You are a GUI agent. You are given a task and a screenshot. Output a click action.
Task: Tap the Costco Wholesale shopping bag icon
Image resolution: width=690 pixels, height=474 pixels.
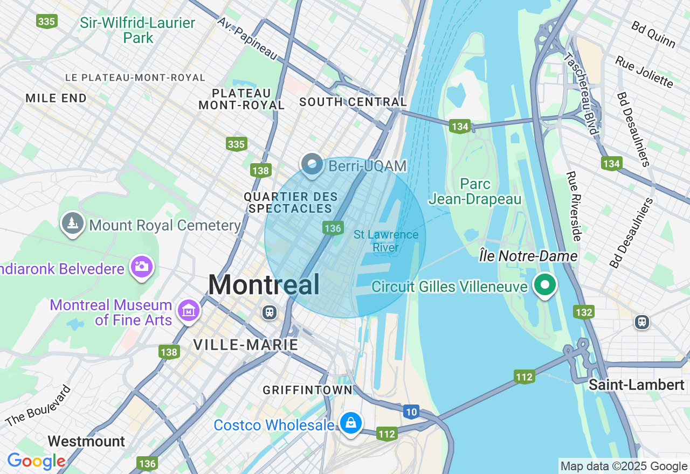point(351,423)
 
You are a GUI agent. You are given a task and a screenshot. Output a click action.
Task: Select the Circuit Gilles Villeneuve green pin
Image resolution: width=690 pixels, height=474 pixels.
point(545,284)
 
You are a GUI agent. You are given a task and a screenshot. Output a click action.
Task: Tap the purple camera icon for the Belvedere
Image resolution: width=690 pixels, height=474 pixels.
point(142,267)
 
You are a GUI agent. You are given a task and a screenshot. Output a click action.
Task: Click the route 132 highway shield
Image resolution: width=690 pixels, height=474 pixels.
point(584,312)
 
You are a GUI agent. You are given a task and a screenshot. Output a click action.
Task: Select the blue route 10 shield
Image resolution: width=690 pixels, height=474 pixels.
point(411,413)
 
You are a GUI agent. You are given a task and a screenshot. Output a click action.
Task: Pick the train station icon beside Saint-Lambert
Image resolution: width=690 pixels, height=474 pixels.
point(641,322)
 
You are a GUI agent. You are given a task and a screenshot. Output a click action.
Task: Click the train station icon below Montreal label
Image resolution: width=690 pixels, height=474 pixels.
point(268,312)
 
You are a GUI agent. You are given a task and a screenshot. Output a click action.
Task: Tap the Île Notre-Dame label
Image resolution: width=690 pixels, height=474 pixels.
point(528,256)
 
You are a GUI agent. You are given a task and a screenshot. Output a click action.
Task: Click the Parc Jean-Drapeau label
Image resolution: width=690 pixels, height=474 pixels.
point(475,192)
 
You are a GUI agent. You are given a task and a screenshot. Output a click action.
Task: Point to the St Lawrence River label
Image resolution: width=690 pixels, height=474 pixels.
point(386,241)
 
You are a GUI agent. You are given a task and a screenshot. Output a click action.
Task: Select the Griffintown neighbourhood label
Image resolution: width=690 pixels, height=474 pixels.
point(307,390)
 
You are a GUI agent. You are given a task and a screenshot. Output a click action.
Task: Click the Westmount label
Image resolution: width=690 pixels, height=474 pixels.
point(86,442)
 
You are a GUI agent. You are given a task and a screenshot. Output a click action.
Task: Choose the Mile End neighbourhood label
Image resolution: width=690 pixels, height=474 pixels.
point(56,98)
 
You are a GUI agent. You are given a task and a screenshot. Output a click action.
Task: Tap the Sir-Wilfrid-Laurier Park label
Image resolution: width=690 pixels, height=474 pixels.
point(138,30)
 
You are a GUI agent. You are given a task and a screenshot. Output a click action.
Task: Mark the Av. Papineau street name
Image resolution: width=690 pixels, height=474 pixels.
point(247,38)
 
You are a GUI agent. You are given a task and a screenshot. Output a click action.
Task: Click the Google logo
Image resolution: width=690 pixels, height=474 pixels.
point(36,462)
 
